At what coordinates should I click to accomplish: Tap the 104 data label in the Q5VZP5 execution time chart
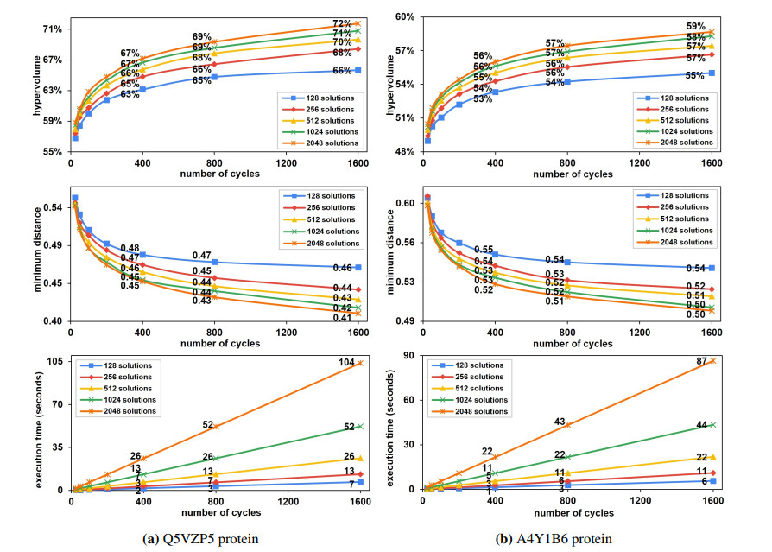point(347,363)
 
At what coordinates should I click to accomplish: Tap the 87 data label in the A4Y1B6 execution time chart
point(702,360)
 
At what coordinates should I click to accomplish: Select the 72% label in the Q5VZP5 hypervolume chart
point(343,24)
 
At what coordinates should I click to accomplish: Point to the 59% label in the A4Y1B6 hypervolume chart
point(696,26)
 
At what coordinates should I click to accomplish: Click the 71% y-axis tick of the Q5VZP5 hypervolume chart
point(53,29)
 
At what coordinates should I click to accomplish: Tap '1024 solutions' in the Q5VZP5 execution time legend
point(121,399)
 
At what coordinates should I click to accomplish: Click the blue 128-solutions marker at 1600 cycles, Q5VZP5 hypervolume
point(358,70)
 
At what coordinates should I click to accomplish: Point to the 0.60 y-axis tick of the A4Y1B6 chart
point(408,203)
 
